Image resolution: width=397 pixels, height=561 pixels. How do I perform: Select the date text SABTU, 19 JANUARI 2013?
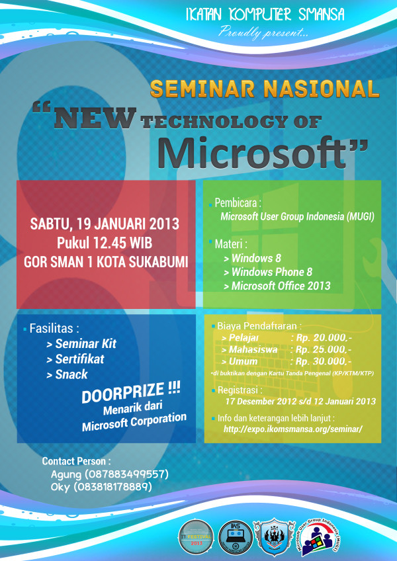point(105,223)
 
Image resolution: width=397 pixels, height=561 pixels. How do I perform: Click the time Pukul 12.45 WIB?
point(105,241)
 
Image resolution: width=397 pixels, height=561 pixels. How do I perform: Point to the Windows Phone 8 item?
point(271,272)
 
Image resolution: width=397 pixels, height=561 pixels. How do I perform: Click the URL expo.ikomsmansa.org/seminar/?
point(293,429)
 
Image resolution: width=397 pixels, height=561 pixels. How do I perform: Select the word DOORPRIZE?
point(132,395)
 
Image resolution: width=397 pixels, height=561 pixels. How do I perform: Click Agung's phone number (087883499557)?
point(126,474)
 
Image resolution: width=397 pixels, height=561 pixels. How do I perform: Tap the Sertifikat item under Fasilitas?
point(79,359)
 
